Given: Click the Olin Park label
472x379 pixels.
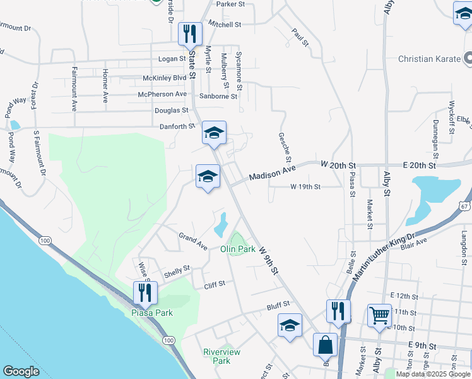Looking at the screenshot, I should [237, 250].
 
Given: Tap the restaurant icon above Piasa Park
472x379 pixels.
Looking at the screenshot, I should [146, 293].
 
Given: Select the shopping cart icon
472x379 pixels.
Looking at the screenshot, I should [379, 315].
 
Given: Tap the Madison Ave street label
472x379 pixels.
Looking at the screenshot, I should [272, 174].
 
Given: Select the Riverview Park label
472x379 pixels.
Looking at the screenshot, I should [217, 356].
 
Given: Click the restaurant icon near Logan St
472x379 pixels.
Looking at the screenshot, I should [190, 34].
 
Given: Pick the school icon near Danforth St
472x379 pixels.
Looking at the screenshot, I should [214, 133].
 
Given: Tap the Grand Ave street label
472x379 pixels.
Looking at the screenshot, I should [192, 241].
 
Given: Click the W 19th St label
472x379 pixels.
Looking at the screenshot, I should [305, 187].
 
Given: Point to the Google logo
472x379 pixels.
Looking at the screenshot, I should [21, 371].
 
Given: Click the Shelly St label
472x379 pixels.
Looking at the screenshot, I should [177, 271].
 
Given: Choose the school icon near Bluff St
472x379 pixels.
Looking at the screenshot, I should [289, 326].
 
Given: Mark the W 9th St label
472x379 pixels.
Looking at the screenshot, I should [268, 260].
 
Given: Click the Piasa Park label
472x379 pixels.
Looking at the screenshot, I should [151, 313].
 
